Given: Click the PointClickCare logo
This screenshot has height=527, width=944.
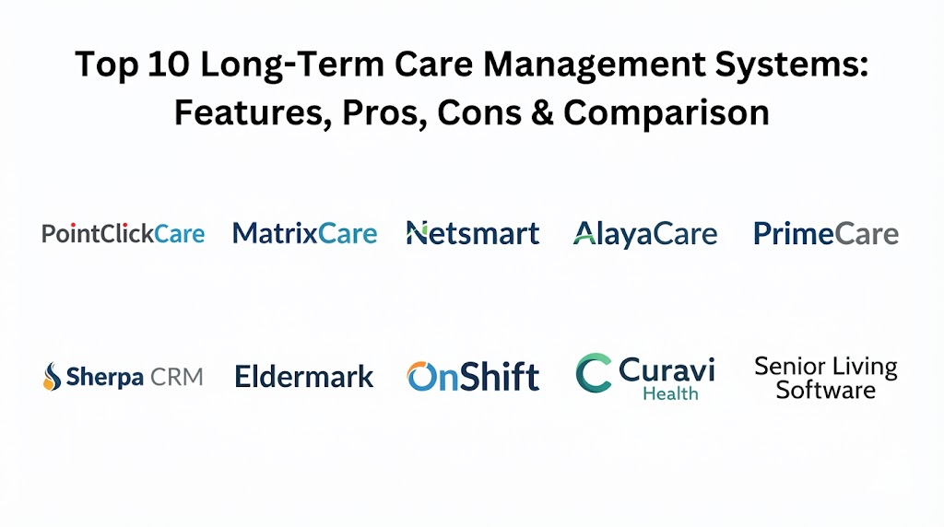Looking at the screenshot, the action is coord(124,233).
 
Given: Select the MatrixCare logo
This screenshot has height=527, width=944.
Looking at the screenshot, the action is coord(304,233).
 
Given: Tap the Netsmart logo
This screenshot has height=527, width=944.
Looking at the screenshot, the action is coord(473,233).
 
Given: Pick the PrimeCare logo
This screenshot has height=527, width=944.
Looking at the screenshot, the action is coord(826,233).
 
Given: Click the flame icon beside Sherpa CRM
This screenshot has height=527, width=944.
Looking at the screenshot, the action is coord(53,377).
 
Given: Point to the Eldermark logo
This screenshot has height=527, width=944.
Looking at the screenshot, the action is coord(304,377).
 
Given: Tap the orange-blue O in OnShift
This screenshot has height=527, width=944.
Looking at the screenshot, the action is coord(421,377).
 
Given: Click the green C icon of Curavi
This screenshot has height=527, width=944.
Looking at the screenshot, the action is coord(594,373).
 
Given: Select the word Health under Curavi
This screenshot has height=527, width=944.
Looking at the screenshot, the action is coord(671,393).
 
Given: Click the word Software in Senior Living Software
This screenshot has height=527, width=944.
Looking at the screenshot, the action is coord(825,391).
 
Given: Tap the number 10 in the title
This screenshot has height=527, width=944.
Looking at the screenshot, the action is coord(168,64).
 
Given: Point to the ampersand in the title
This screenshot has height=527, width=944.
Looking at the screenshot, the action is coord(542,112).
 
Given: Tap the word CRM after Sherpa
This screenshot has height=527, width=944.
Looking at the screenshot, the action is coord(176,377).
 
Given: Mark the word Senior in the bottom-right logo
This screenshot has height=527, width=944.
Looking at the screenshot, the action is coord(789,366).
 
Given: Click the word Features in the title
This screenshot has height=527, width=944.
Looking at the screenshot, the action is coord(253,113).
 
